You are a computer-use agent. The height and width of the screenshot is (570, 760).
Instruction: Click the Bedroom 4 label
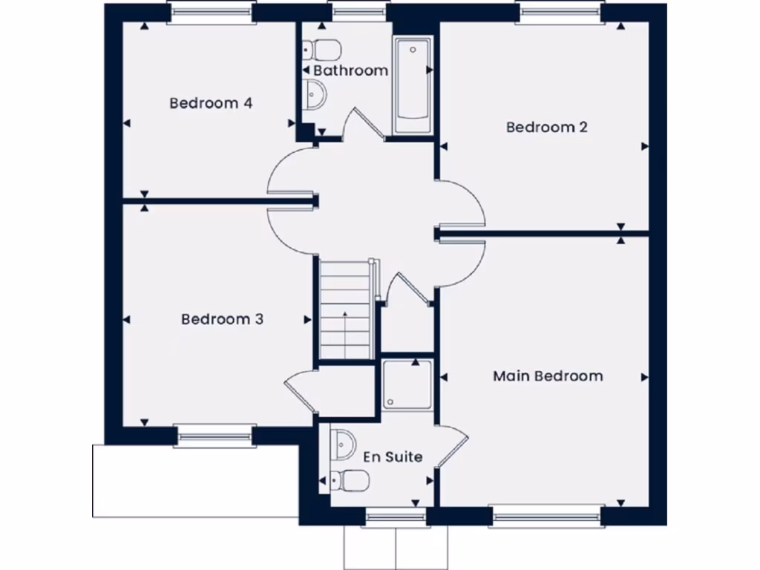[x=211, y=103]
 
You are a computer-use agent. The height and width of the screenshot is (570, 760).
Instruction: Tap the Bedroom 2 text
[x=547, y=127]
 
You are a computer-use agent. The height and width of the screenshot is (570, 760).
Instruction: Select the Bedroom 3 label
[x=223, y=319]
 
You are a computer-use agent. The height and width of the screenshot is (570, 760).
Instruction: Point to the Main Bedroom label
[x=548, y=376]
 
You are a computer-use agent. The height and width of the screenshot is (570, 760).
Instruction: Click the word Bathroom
[x=350, y=71]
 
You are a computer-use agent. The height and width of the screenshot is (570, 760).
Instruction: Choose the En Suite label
[x=393, y=456]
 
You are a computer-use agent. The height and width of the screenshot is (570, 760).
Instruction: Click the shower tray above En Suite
[x=407, y=384]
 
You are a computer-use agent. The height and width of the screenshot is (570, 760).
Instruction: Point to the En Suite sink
[x=344, y=443]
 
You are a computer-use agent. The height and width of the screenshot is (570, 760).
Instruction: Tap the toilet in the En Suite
[x=349, y=481]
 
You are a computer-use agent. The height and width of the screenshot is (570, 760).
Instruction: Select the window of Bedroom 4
[x=212, y=13]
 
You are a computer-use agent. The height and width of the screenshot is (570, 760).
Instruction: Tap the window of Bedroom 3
[x=214, y=436]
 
